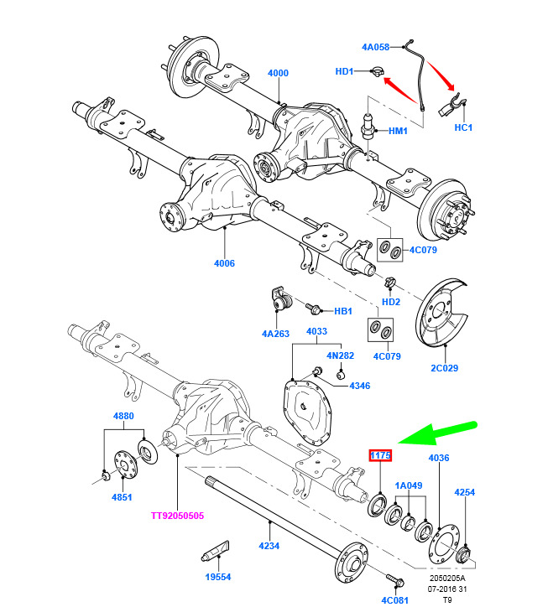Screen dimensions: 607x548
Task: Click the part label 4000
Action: point(278,73)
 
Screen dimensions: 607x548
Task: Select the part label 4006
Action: point(224,263)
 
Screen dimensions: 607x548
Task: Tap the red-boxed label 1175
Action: point(381,455)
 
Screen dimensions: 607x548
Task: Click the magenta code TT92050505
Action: point(177,516)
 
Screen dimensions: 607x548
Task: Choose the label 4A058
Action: point(377,47)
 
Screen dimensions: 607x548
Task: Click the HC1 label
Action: point(464,127)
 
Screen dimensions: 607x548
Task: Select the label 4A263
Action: point(274,333)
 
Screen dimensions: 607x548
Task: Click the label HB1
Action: point(343,311)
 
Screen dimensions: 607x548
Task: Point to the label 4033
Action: point(316,331)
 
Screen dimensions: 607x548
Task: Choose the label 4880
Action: point(123,417)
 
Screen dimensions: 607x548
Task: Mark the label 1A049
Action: point(409,485)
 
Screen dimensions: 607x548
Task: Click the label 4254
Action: point(466,492)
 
